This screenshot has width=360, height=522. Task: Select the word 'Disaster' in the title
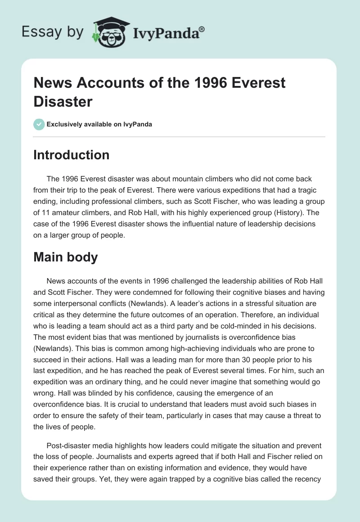(63, 102)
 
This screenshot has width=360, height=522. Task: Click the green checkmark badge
(39, 124)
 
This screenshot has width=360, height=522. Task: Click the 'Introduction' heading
(72, 155)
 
